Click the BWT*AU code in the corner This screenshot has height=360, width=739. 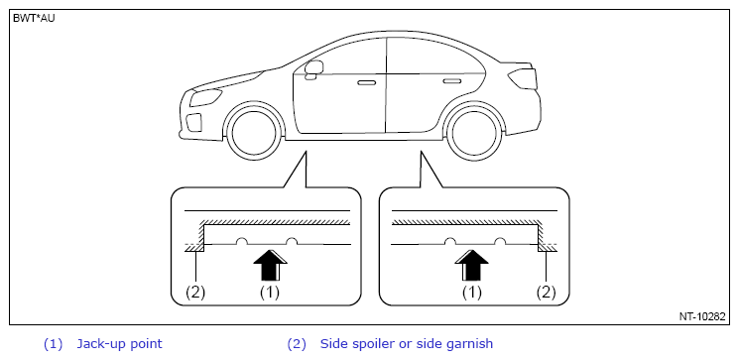(34, 20)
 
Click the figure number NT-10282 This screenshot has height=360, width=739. (701, 316)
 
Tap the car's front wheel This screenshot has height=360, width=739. (254, 130)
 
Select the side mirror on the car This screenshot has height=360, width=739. (313, 67)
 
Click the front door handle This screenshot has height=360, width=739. (367, 83)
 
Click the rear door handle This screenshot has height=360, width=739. (452, 81)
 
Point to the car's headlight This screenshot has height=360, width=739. (205, 96)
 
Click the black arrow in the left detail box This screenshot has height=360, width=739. (271, 265)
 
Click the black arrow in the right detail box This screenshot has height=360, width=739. (472, 265)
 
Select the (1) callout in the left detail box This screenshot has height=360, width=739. (270, 293)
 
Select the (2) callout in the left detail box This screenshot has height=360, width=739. (195, 293)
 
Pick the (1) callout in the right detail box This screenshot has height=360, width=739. (471, 293)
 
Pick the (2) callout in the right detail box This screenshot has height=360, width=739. (547, 293)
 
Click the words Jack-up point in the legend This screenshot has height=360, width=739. (119, 344)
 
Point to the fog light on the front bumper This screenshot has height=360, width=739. (193, 122)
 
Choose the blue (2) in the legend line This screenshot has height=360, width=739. (297, 344)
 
